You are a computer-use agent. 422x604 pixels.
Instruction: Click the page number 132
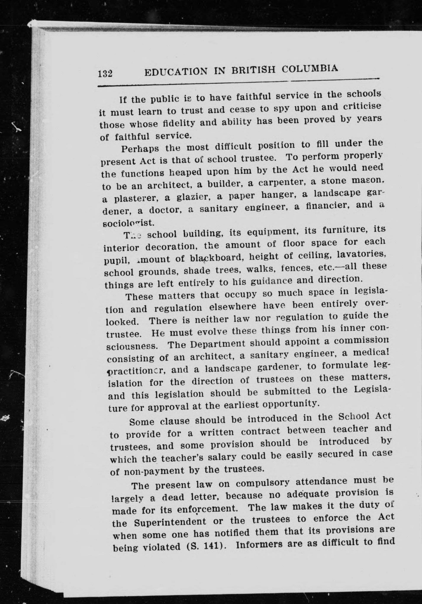pyautogui.click(x=105, y=73)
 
